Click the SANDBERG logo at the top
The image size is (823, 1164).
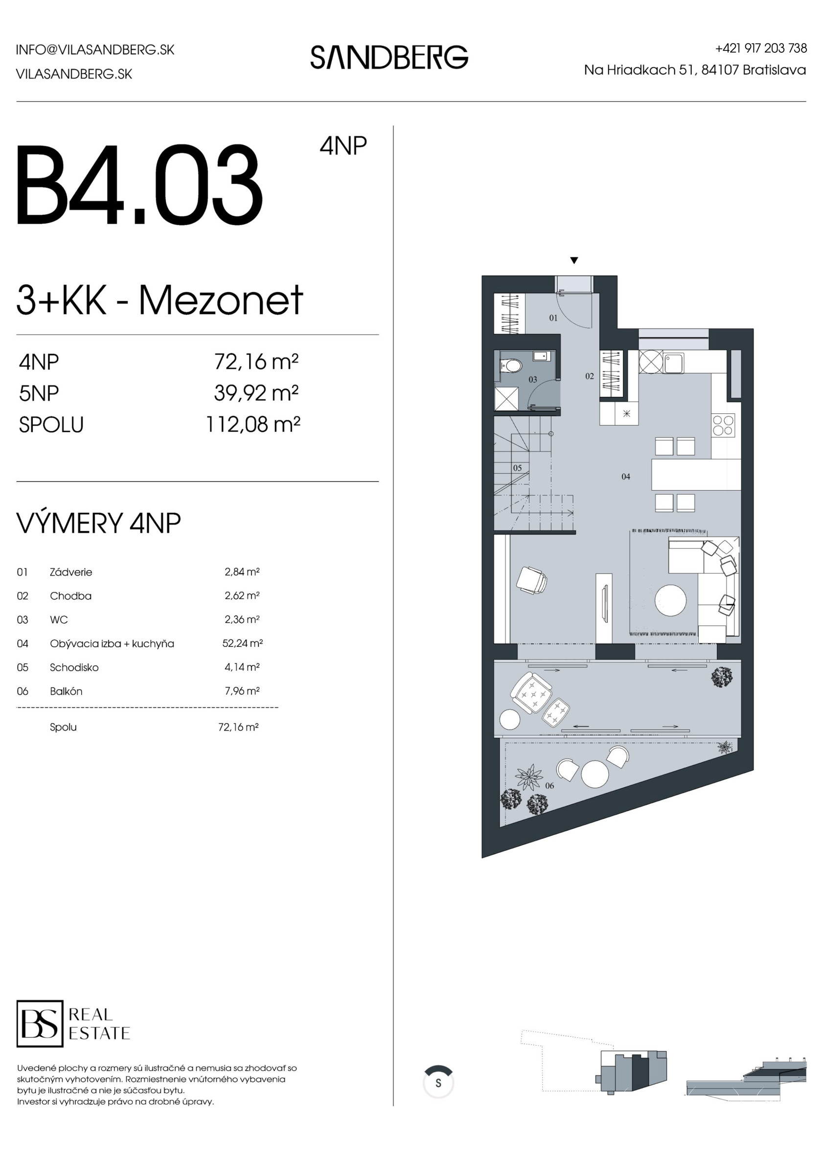click(x=389, y=57)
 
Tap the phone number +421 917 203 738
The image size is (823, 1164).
click(x=761, y=48)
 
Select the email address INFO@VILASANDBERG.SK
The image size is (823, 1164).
click(x=95, y=50)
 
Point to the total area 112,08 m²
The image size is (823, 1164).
click(x=253, y=424)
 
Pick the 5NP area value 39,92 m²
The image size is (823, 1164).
click(x=256, y=393)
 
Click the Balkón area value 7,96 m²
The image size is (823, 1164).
click(x=242, y=690)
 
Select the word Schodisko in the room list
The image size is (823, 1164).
click(x=74, y=667)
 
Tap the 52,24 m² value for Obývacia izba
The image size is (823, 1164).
click(x=242, y=643)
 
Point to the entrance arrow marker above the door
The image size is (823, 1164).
click(x=574, y=261)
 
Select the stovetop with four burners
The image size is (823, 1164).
click(x=724, y=425)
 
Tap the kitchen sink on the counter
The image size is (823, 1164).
click(x=674, y=363)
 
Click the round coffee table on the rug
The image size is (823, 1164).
click(x=670, y=601)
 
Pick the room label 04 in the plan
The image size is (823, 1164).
click(x=626, y=477)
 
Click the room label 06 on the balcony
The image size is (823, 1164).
click(x=549, y=786)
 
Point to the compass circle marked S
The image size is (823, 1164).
click(x=438, y=1083)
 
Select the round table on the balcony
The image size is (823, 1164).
click(x=595, y=774)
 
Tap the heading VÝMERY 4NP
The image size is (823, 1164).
click(x=99, y=523)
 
